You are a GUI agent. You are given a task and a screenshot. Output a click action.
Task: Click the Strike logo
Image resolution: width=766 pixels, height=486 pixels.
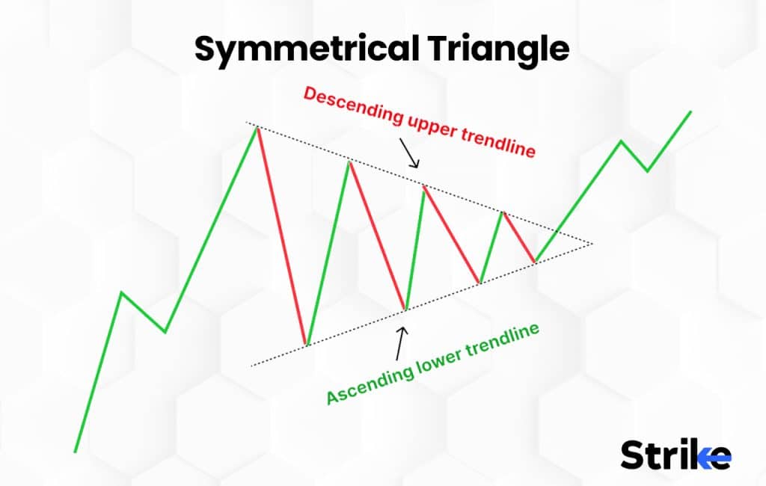[x=675, y=454]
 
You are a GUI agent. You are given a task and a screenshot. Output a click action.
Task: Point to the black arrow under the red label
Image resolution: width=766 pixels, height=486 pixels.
[x=410, y=153]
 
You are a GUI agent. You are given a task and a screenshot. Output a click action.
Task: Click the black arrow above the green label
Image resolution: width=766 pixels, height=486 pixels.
[x=402, y=340]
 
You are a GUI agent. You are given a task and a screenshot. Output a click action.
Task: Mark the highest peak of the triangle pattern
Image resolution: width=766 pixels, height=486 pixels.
[x=257, y=128]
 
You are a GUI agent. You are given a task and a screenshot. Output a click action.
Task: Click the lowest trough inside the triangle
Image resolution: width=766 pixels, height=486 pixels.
[x=306, y=345]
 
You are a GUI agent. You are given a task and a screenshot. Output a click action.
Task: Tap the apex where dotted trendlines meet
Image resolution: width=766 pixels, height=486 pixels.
[x=592, y=243]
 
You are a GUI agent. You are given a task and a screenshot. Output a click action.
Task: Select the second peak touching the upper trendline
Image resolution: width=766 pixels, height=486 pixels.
[x=348, y=161]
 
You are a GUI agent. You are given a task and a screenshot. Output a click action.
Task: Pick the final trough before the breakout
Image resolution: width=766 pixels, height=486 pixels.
[x=535, y=262]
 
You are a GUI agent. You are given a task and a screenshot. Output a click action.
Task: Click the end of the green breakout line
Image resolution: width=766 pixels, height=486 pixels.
[x=690, y=111]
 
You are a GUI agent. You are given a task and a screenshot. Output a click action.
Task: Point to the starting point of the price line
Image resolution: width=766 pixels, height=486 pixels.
[x=75, y=452]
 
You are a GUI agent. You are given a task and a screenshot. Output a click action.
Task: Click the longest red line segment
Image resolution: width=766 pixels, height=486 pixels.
[x=281, y=236]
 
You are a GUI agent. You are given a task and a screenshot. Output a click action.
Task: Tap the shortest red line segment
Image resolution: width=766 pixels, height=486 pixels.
[x=518, y=237]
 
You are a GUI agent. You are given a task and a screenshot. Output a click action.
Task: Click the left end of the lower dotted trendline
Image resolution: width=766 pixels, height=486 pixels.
[x=252, y=366]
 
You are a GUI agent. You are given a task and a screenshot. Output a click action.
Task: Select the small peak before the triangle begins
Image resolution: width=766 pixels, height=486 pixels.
[x=122, y=292]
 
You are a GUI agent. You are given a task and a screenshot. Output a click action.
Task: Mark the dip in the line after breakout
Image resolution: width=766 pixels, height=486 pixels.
[x=649, y=171]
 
